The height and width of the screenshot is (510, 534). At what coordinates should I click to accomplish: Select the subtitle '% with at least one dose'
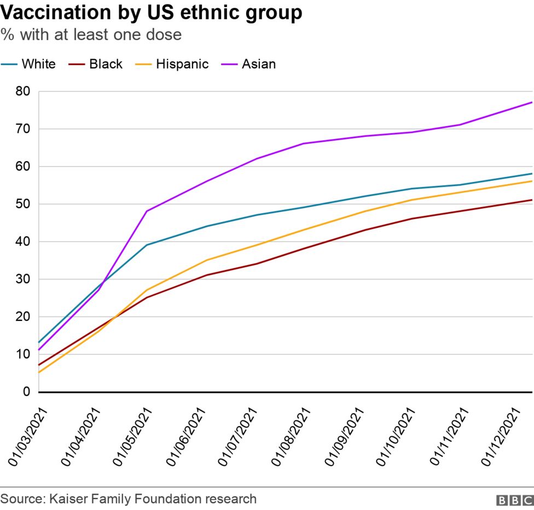pos(91,35)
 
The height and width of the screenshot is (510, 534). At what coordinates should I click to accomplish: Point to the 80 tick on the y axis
pos(22,91)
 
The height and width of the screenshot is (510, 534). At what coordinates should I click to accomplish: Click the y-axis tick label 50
pos(22,204)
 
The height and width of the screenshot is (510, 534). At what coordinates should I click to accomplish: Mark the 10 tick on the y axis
pos(22,354)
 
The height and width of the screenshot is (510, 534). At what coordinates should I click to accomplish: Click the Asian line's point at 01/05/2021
pos(146,211)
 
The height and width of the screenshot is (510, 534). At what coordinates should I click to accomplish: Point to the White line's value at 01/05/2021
pos(146,245)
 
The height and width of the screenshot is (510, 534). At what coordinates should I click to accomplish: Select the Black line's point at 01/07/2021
pos(257,264)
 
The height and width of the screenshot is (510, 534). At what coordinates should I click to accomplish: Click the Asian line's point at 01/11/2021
pos(461,125)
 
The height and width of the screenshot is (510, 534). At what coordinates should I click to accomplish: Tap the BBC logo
pos(514,500)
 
